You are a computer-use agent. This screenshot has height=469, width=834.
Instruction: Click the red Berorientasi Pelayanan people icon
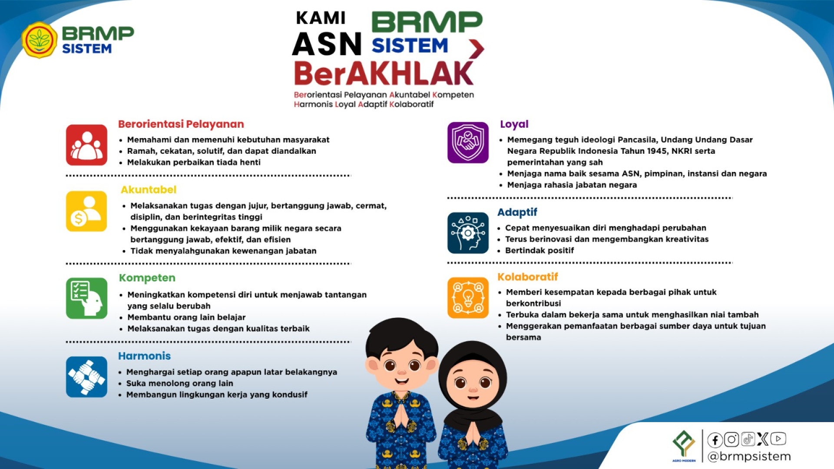[86, 145]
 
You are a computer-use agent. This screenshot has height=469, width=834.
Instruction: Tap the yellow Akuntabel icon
[86, 211]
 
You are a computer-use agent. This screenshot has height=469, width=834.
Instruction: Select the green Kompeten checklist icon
[86, 298]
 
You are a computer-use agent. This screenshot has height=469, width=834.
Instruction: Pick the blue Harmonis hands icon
[86, 377]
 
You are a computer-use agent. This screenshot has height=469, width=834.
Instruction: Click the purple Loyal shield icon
[468, 142]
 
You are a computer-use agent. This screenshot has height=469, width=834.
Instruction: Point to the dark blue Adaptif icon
[468, 233]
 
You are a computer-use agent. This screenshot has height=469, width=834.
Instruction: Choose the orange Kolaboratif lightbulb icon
[468, 298]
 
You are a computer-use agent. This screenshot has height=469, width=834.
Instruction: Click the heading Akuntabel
[149, 190]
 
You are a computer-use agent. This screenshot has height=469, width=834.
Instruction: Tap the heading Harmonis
[144, 356]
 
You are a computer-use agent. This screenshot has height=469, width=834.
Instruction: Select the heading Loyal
[514, 124]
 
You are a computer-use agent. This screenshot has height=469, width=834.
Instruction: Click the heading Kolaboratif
[527, 277]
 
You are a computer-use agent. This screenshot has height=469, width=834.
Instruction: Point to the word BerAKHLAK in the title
[384, 73]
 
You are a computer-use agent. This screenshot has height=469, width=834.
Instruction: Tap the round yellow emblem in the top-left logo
[40, 40]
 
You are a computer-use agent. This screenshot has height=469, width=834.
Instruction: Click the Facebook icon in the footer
[715, 440]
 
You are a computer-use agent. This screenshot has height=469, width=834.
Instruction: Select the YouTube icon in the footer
[778, 439]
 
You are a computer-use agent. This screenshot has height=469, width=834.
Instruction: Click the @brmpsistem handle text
[749, 456]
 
